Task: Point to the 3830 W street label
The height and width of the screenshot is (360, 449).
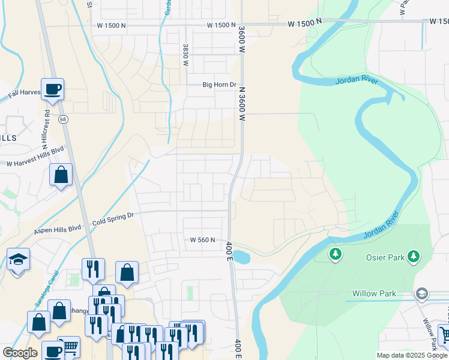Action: pyautogui.click(x=186, y=55)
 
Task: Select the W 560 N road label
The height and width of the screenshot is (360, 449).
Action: pyautogui.click(x=202, y=240)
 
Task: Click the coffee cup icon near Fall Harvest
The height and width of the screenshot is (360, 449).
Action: pyautogui.click(x=52, y=89)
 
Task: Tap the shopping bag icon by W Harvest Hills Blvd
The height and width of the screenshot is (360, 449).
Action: pyautogui.click(x=61, y=175)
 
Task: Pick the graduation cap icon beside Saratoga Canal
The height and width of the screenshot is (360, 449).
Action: pyautogui.click(x=18, y=259)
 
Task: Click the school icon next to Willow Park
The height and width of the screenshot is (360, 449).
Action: pyautogui.click(x=422, y=293)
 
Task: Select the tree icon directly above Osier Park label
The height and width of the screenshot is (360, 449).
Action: pyautogui.click(x=413, y=256)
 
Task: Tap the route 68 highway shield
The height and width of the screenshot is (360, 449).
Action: pyautogui.click(x=63, y=119)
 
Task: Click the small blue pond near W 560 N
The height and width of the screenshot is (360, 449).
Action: pyautogui.click(x=240, y=257)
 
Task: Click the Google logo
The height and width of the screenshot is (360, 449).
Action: pyautogui.click(x=20, y=353)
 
